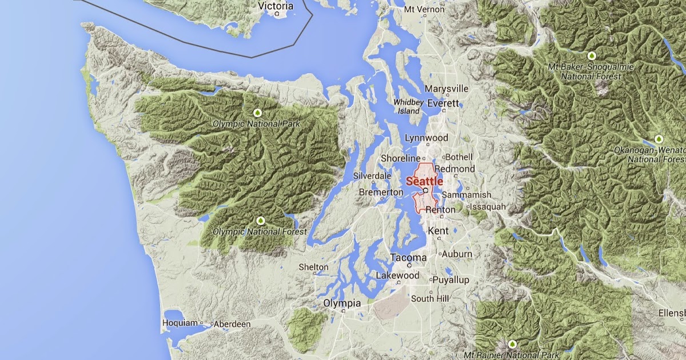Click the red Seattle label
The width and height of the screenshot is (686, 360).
click(x=424, y=181)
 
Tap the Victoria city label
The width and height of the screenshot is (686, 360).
click(x=276, y=6)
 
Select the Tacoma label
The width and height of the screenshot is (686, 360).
click(x=408, y=258)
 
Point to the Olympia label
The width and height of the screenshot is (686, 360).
click(x=342, y=303)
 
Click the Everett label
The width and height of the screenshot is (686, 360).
click(x=443, y=103)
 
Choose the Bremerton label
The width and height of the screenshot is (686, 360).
click(x=381, y=193)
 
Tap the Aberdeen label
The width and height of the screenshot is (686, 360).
click(x=233, y=324)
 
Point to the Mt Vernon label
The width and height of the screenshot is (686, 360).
click(x=425, y=10)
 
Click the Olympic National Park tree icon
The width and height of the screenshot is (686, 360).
click(x=257, y=113)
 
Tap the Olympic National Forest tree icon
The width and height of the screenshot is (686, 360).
click(x=261, y=221)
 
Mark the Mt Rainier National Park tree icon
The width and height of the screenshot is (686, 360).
click(x=512, y=344)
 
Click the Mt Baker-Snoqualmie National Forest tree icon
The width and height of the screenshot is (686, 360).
click(x=592, y=56)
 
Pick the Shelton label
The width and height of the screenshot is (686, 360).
click(x=314, y=267)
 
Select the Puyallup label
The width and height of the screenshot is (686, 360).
click(x=450, y=280)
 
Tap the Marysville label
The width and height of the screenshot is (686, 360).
click(x=446, y=89)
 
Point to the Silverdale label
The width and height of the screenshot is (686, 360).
click(x=372, y=175)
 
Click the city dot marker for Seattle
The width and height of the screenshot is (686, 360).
click(x=426, y=190)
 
